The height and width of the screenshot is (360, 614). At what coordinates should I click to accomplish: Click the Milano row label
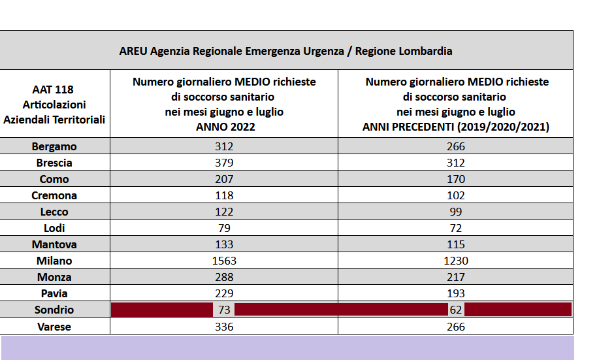[54, 261]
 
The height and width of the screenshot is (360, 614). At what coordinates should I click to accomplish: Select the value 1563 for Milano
[224, 261]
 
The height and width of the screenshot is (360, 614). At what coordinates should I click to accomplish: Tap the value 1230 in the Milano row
[456, 261]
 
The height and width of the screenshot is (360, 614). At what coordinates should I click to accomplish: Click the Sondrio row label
[54, 310]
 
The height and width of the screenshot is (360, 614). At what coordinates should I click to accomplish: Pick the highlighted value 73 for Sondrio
[224, 310]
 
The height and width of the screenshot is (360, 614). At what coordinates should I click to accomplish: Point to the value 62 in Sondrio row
[456, 310]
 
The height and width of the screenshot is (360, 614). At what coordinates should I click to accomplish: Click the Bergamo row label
[54, 146]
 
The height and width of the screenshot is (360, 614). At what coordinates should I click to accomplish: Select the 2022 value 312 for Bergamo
[224, 146]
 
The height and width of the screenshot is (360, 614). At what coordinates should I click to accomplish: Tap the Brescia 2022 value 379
[224, 163]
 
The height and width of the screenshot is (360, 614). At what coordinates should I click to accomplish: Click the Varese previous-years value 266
[456, 327]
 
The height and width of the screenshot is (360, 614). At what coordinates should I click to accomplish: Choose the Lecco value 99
[456, 212]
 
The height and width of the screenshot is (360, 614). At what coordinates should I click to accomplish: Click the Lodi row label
[54, 228]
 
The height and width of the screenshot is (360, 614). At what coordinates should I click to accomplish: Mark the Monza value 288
[224, 277]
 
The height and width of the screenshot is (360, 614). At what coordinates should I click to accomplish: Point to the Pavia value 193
[456, 293]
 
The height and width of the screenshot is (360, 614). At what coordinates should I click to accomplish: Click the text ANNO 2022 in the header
[225, 127]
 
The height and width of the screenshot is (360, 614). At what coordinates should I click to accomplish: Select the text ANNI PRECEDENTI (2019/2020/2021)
[456, 127]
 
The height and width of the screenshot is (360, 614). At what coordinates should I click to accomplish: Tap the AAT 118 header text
[53, 90]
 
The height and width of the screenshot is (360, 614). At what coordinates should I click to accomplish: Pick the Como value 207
[224, 180]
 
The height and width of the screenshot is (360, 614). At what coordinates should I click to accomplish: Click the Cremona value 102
[456, 195]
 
